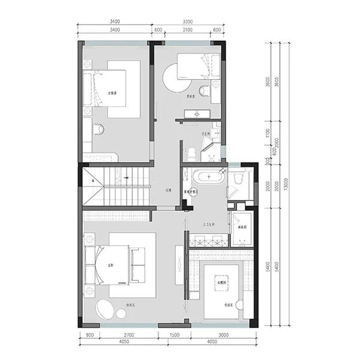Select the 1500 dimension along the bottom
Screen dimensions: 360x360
click(173, 334)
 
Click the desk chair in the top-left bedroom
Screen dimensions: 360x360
click(98, 128)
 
